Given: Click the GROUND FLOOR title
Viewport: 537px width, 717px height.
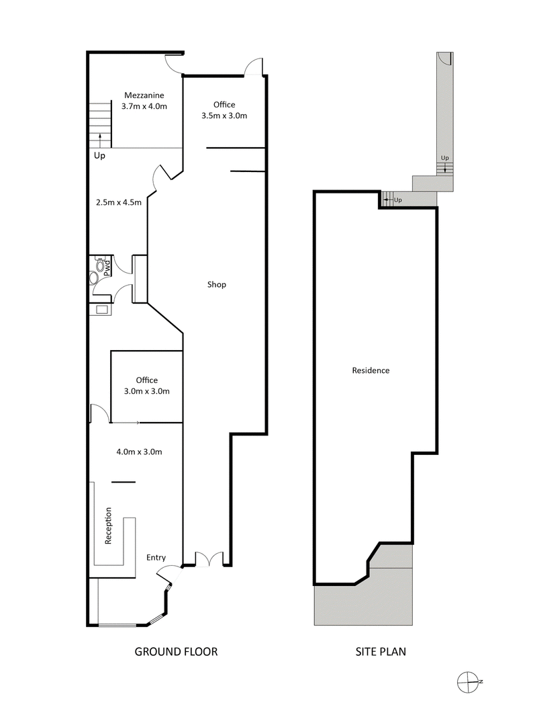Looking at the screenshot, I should [176, 651].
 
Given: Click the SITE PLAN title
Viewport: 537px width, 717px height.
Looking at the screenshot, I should [381, 651].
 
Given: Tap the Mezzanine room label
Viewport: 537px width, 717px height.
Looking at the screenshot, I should [143, 95].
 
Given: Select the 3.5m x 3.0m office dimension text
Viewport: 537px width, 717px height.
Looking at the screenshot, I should [224, 116].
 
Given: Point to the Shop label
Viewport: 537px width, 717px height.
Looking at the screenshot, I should [217, 284].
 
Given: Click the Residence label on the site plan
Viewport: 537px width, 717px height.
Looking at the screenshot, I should [371, 370].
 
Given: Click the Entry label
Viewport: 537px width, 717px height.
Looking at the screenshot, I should [156, 558].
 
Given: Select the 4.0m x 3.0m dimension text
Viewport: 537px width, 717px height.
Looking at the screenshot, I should [139, 452].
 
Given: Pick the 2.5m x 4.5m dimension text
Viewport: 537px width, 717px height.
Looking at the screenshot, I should [119, 202].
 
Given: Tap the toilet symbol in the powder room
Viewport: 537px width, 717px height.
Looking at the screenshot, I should [94, 277].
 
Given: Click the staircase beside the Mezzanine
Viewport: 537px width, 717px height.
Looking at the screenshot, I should [100, 124].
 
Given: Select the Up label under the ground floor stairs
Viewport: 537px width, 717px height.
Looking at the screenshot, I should [99, 155].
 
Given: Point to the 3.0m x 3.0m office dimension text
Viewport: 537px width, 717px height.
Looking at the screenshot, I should [146, 391].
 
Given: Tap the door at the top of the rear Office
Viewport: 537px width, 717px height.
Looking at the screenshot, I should [254, 68].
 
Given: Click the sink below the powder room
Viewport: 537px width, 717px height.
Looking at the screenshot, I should [101, 310].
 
